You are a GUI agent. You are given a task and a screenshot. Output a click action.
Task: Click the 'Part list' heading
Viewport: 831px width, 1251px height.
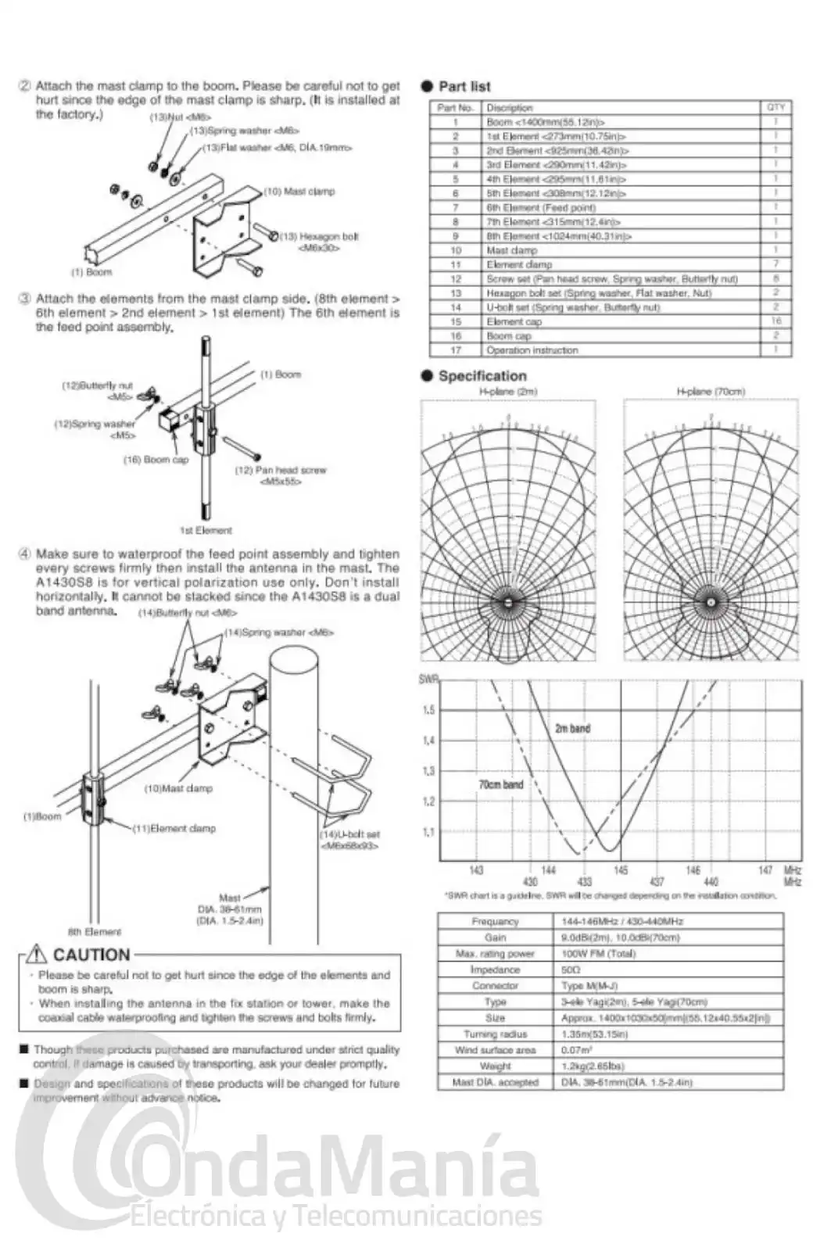click(464, 86)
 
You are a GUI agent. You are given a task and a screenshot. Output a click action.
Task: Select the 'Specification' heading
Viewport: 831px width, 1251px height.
click(482, 375)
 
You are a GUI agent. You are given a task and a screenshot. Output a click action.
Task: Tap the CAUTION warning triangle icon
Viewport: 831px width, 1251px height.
click(37, 954)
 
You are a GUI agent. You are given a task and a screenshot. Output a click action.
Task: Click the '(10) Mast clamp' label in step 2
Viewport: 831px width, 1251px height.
click(299, 191)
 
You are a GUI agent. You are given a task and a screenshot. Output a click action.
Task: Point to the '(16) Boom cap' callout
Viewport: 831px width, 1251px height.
click(156, 460)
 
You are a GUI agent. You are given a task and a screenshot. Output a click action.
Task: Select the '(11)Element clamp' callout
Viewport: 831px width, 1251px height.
click(174, 828)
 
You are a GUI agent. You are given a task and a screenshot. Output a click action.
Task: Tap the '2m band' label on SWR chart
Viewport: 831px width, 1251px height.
click(572, 728)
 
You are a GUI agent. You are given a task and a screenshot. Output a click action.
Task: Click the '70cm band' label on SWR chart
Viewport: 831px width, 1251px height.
click(500, 783)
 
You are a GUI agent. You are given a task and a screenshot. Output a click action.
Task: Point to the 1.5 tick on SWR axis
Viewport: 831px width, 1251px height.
click(428, 710)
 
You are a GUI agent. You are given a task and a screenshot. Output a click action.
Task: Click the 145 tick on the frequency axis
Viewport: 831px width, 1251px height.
click(620, 869)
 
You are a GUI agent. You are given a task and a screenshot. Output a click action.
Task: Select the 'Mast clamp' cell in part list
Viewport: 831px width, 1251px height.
click(511, 250)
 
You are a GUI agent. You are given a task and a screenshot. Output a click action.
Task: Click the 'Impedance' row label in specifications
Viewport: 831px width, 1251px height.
click(495, 970)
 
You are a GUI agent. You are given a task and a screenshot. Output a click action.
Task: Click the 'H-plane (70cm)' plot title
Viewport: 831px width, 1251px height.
click(711, 391)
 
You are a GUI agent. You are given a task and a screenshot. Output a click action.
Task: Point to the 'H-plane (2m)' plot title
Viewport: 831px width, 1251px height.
click(508, 391)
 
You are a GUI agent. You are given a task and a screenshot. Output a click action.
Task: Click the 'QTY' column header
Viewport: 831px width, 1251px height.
click(775, 107)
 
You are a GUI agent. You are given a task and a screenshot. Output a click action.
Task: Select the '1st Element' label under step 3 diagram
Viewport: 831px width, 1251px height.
click(206, 530)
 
